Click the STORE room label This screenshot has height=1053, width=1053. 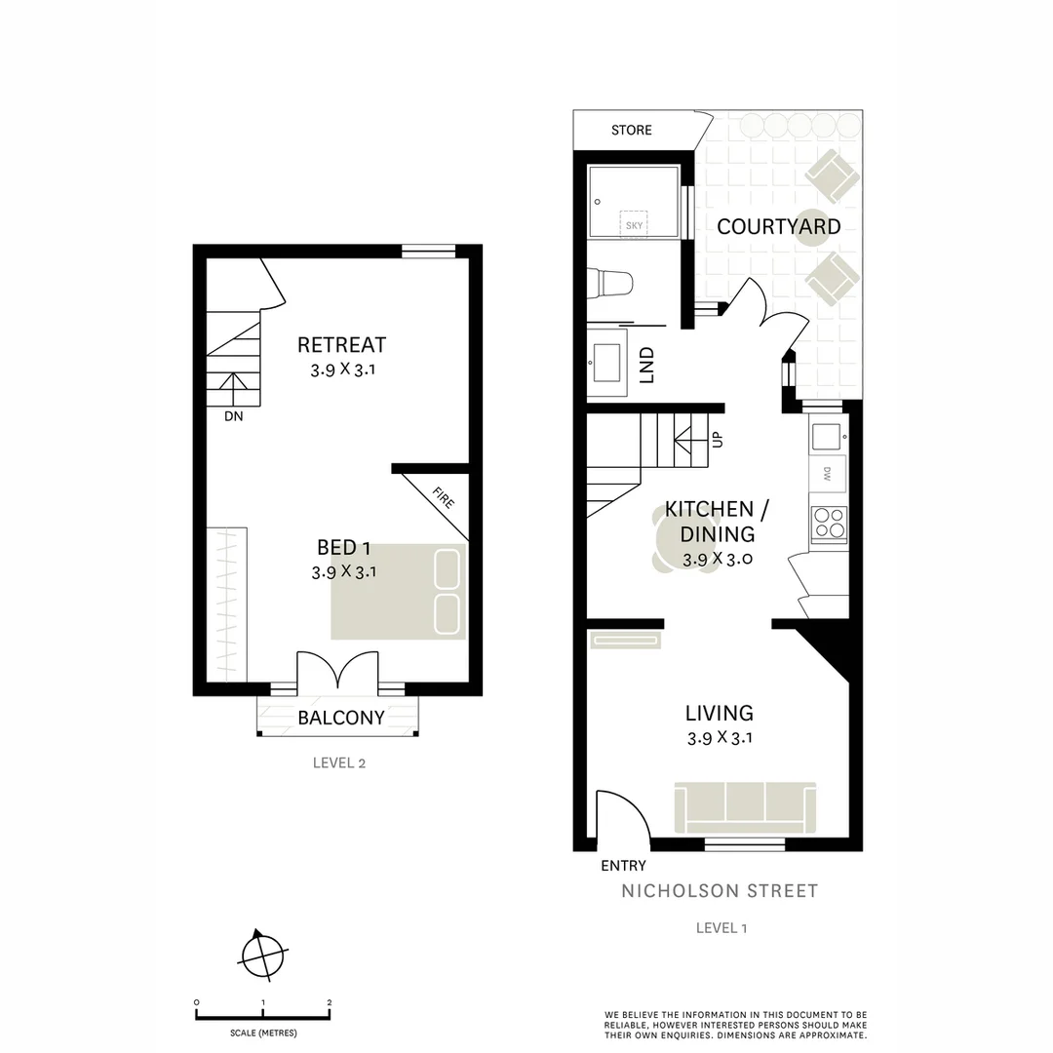click(x=631, y=130)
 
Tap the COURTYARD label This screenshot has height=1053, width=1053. click(x=778, y=227)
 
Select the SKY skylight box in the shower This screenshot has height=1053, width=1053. click(x=635, y=223)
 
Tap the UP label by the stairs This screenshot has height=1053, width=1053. click(x=719, y=440)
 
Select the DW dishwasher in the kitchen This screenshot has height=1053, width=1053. click(x=828, y=475)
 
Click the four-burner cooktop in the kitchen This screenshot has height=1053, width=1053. click(x=830, y=524)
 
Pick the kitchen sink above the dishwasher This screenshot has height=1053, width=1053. click(x=828, y=435)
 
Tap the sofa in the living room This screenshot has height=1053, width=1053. click(x=745, y=805)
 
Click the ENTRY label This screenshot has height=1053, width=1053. click(x=623, y=865)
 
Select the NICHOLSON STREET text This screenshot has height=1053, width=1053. click(x=720, y=890)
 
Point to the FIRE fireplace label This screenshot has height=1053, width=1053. click(x=443, y=501)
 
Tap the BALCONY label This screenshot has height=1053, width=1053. click(x=341, y=719)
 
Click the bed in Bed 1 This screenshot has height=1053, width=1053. click(x=398, y=591)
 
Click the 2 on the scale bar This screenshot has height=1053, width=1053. click(x=330, y=1002)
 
